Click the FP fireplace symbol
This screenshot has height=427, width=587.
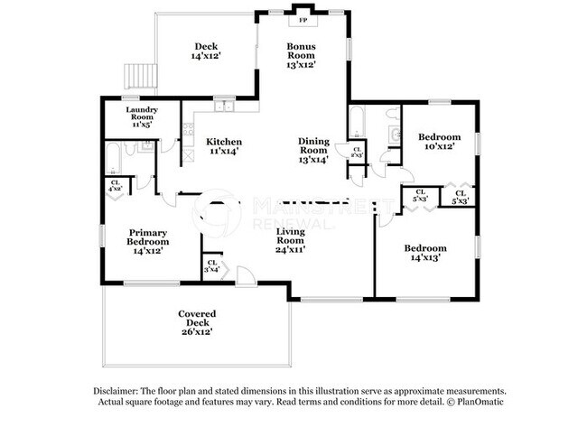[302, 20]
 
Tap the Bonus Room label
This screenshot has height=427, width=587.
[301, 55]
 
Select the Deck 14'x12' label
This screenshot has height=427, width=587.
[206, 51]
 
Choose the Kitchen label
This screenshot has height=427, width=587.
[223, 146]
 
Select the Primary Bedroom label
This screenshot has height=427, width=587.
[148, 241]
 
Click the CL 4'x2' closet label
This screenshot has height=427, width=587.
[116, 186]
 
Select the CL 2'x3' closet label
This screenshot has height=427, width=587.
[357, 153]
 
